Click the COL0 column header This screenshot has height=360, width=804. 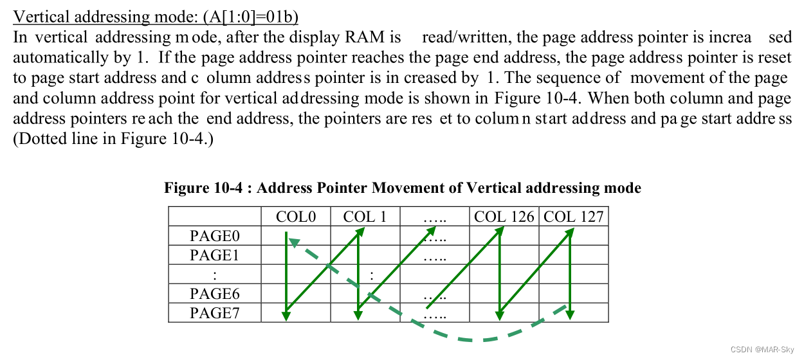(296, 217)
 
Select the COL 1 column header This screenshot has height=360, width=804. (365, 217)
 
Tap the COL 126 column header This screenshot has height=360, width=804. (504, 217)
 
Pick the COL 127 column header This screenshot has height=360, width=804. (573, 217)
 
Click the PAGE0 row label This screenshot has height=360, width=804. (215, 236)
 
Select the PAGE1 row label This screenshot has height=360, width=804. (215, 255)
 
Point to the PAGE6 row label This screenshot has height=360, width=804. (215, 294)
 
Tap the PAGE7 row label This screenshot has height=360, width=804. (215, 313)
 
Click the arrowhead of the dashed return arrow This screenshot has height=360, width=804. (293, 242)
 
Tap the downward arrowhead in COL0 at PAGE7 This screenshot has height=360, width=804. (286, 316)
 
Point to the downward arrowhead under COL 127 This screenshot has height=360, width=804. (571, 316)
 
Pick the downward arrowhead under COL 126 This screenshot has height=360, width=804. (499, 316)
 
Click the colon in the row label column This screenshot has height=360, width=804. (215, 274)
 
